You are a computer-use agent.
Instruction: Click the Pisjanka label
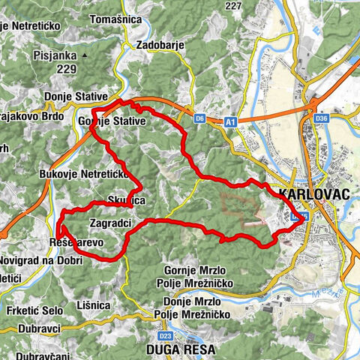click(57, 55)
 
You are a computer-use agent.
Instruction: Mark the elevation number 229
click(67, 69)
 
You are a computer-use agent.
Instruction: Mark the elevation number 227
click(233, 6)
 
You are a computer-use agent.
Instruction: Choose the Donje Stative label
click(76, 97)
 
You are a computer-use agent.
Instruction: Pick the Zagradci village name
click(110, 223)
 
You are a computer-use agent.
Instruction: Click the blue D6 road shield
click(199, 118)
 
